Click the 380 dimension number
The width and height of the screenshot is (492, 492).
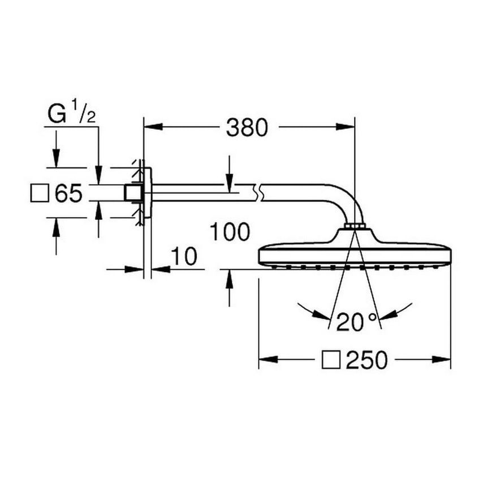[x=247, y=127]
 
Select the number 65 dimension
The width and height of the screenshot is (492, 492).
[x=69, y=193]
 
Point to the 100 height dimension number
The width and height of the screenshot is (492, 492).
[x=230, y=232]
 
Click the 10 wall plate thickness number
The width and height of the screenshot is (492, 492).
[x=184, y=256]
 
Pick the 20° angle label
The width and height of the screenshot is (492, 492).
[x=356, y=322]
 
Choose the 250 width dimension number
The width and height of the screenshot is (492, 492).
[x=367, y=360]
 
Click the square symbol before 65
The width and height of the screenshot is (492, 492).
[x=40, y=193]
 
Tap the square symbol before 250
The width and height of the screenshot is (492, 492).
[x=331, y=360]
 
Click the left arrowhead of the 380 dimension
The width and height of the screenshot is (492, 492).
[x=153, y=127]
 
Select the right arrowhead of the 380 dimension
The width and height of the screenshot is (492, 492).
[x=345, y=127]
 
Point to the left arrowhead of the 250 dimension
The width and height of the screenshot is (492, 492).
[x=268, y=359]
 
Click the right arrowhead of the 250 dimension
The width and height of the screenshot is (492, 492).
[x=441, y=359]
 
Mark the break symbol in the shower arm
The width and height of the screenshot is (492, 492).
[x=258, y=193]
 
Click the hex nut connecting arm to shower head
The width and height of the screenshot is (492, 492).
[x=354, y=226]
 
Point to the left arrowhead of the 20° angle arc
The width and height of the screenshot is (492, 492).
[x=322, y=315]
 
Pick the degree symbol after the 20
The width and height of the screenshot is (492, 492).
[x=373, y=318]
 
